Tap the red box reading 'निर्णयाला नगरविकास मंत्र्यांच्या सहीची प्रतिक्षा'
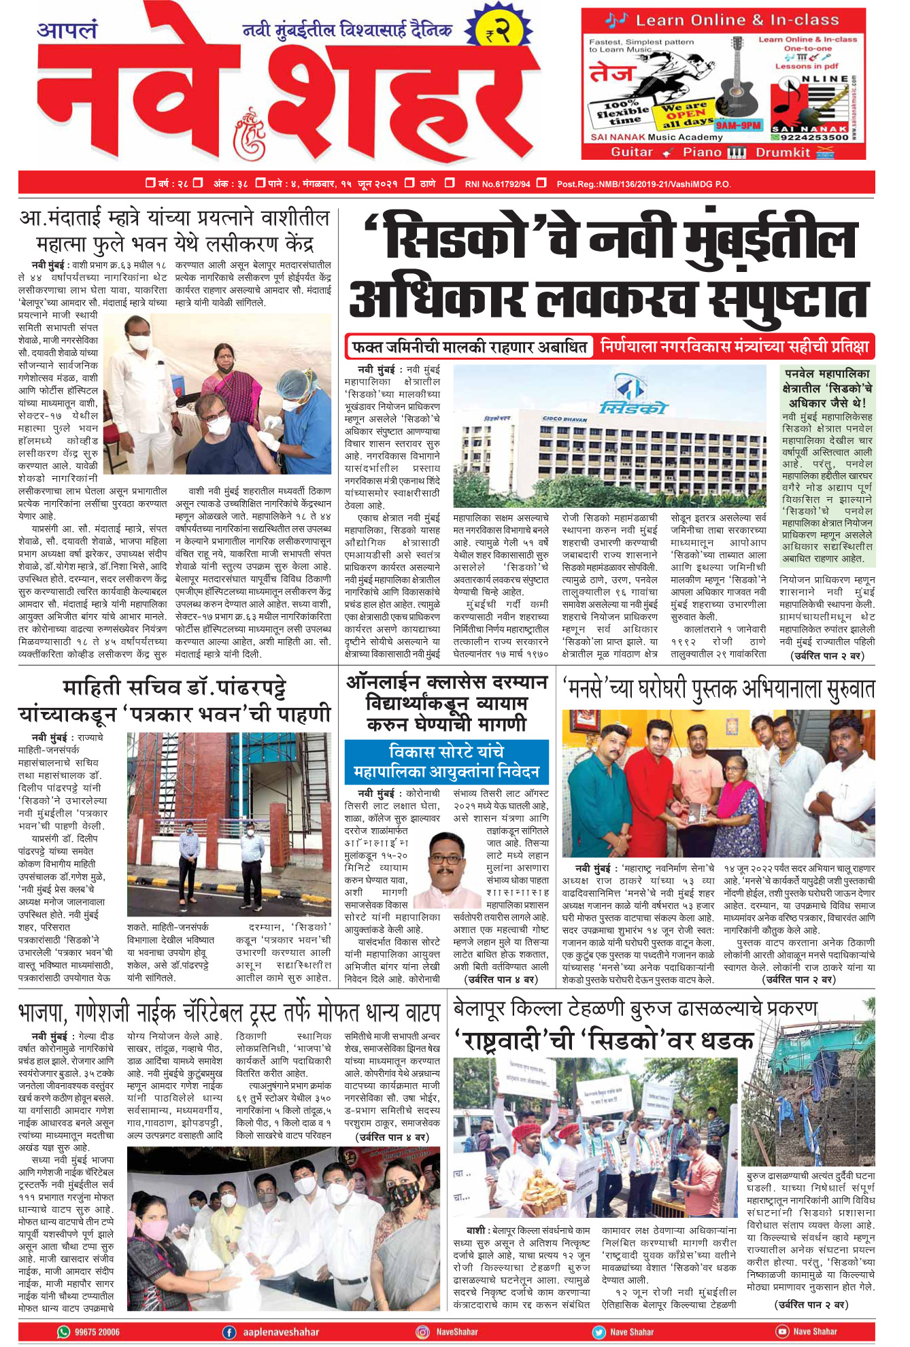(735, 347)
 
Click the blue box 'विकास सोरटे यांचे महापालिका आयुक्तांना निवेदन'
(446, 762)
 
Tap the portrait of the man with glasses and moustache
(447, 868)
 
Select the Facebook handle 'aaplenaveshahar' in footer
(280, 1331)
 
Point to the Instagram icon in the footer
(422, 1331)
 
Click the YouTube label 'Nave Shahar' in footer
(815, 1331)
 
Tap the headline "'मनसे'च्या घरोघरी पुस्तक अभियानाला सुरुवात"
(718, 689)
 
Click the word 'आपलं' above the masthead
(67, 31)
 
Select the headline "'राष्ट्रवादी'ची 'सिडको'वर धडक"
(603, 1040)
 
